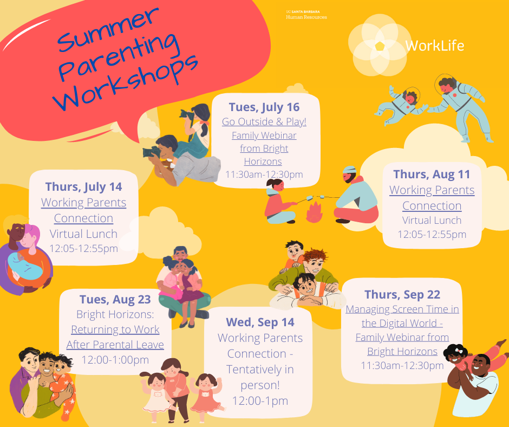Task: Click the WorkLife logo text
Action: click(x=435, y=46)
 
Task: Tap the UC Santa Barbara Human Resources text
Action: click(x=306, y=15)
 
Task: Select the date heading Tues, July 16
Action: click(x=264, y=107)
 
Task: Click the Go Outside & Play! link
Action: click(x=264, y=121)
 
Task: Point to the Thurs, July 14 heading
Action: click(x=83, y=186)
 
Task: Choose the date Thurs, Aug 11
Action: click(x=432, y=174)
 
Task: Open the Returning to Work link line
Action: click(x=115, y=329)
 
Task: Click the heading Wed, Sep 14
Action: click(x=260, y=322)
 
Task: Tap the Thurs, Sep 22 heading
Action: click(x=402, y=294)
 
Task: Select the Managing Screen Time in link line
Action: click(x=402, y=309)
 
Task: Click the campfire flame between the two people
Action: click(x=314, y=212)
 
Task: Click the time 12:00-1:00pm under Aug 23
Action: click(x=115, y=360)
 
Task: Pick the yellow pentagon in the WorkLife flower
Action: click(x=380, y=46)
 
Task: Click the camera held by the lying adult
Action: click(x=151, y=152)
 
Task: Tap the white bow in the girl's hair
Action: click(x=459, y=351)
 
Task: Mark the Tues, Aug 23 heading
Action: click(x=115, y=299)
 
